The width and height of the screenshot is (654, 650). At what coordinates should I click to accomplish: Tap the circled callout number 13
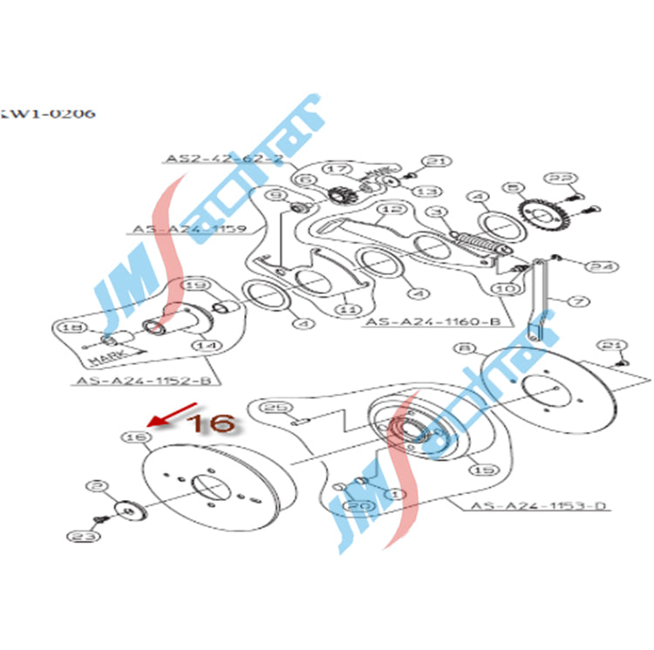[x=425, y=191]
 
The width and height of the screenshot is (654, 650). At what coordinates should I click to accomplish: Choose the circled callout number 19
[x=197, y=284]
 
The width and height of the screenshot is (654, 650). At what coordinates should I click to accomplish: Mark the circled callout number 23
[x=83, y=536]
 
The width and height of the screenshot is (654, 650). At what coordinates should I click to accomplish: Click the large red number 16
[x=212, y=423]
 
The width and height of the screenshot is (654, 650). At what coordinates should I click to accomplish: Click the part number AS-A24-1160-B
[x=437, y=321]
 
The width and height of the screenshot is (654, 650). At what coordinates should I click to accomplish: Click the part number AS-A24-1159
[x=190, y=230]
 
